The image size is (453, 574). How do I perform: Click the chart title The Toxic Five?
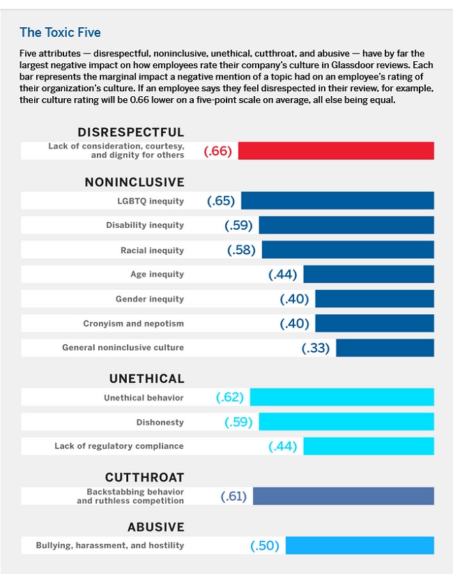pyautogui.click(x=61, y=32)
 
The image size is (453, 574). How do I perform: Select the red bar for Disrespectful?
pyautogui.click(x=336, y=150)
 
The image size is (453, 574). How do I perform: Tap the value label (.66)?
pyautogui.click(x=217, y=151)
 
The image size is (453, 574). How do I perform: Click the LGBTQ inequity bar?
pyautogui.click(x=337, y=201)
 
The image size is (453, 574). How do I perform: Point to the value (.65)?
pyautogui.click(x=221, y=201)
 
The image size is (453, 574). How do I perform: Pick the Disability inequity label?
pyautogui.click(x=145, y=225)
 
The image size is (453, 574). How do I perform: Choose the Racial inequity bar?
pyautogui.click(x=348, y=249)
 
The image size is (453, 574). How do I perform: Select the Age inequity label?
pyautogui.click(x=158, y=274)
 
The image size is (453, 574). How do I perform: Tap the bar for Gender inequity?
pyautogui.click(x=374, y=299)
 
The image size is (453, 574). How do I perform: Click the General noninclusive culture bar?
pyautogui.click(x=385, y=348)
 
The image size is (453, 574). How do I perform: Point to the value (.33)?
pyautogui.click(x=316, y=348)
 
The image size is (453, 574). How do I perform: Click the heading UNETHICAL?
pyautogui.click(x=146, y=379)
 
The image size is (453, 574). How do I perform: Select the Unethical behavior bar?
pyautogui.click(x=341, y=397)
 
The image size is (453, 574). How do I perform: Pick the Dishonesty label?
pyautogui.click(x=160, y=422)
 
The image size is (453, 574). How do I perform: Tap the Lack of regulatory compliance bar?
pyautogui.click(x=368, y=446)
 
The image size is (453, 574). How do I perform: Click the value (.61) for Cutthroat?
pyautogui.click(x=234, y=496)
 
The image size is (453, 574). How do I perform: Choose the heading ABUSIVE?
pyautogui.click(x=155, y=527)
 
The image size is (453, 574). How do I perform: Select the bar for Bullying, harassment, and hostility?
pyautogui.click(x=360, y=545)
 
